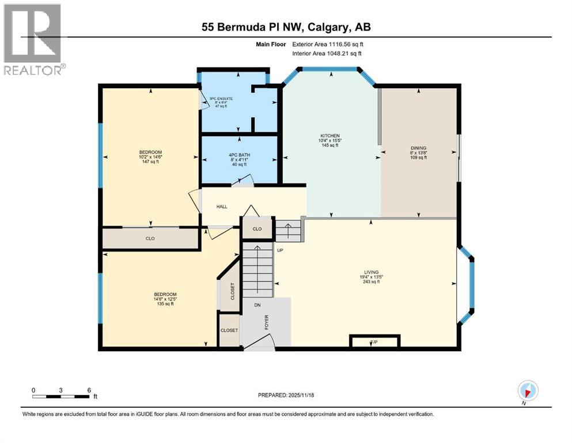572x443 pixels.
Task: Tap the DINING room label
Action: pyautogui.click(x=418, y=148)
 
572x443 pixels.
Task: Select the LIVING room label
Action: pyautogui.click(x=370, y=272)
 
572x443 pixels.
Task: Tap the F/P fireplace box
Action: pyautogui.click(x=374, y=343)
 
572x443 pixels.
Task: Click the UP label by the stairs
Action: pyautogui.click(x=281, y=250)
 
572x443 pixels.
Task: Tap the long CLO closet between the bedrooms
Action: pyautogui.click(x=150, y=238)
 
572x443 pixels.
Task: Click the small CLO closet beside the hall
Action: pyautogui.click(x=257, y=229)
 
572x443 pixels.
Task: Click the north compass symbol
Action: pyautogui.click(x=528, y=391)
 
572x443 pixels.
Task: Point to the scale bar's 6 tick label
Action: pyautogui.click(x=89, y=390)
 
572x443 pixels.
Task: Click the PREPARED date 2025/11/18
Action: pyautogui.click(x=286, y=395)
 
